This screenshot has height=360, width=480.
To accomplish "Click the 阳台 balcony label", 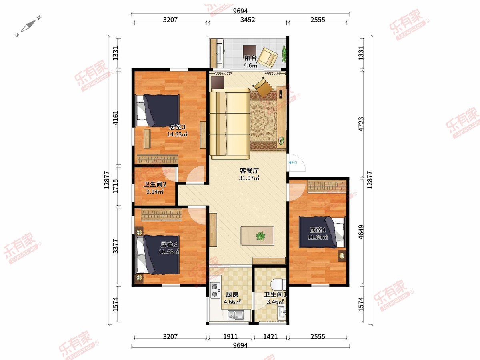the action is coord(250,58).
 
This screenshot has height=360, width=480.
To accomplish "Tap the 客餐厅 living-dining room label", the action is coord(249,170).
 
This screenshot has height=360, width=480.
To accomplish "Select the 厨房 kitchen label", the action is coord(232,295).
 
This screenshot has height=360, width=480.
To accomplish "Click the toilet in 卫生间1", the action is coord(278,284).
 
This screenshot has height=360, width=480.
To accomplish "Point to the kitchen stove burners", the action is coord(215,290).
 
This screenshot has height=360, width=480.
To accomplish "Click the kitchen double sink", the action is coord(236,315).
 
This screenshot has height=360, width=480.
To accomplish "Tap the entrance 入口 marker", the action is coord(293,162).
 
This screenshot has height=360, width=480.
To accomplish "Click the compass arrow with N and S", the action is coord(28,26).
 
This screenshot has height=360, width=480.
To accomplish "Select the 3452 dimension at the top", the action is coord(248,20).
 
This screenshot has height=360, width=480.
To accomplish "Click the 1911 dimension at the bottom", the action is coord(230,336).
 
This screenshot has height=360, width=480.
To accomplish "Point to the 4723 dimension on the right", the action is coord(361,124).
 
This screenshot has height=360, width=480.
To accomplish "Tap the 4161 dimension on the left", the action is coord(115,118).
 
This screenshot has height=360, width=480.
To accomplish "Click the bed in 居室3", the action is coord(158,111).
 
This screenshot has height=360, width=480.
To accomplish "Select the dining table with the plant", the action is coord(258,236).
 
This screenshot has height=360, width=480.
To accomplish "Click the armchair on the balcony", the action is coord(268,58).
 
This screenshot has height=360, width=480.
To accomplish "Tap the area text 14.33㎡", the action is coord(177,134).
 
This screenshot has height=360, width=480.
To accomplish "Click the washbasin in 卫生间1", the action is coord(282,312).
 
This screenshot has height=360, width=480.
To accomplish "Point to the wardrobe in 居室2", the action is coord(161,214).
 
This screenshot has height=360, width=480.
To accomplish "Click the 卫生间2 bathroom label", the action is coord(155,184).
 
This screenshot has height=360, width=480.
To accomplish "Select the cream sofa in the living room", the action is coord(230,124).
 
